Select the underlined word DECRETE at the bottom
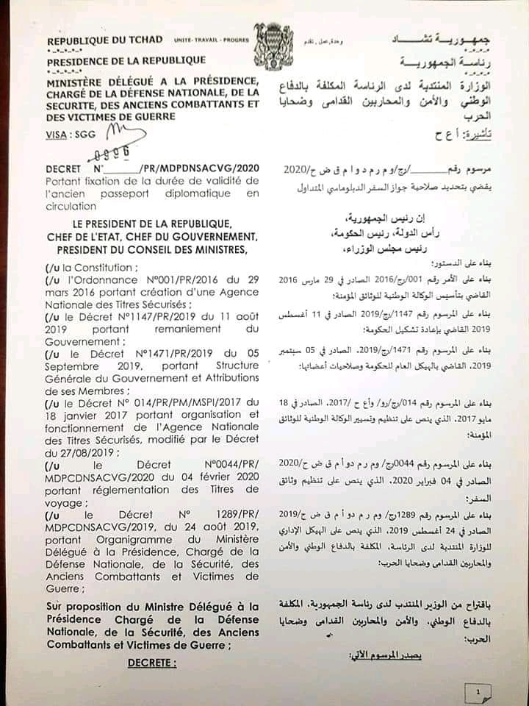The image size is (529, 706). (152, 663)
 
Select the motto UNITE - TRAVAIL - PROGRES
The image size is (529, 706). (211, 40)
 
